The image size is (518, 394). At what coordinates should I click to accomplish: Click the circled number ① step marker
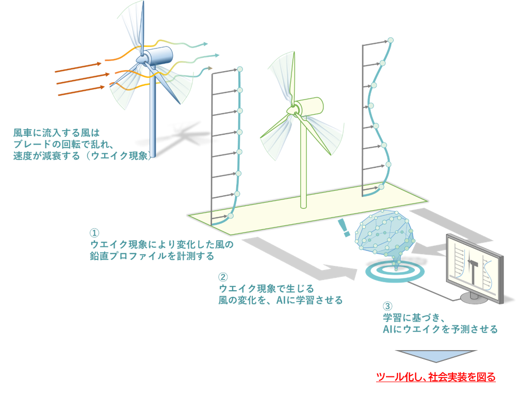click(94, 233)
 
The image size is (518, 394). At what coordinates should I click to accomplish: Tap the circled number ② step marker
click(223, 277)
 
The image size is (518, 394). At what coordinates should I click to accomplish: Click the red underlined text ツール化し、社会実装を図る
click(436, 377)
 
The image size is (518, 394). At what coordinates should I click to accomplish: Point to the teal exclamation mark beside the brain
click(342, 227)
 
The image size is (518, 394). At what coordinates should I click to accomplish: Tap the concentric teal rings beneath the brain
click(395, 271)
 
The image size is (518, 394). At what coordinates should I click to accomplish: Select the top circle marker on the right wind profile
click(391, 40)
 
